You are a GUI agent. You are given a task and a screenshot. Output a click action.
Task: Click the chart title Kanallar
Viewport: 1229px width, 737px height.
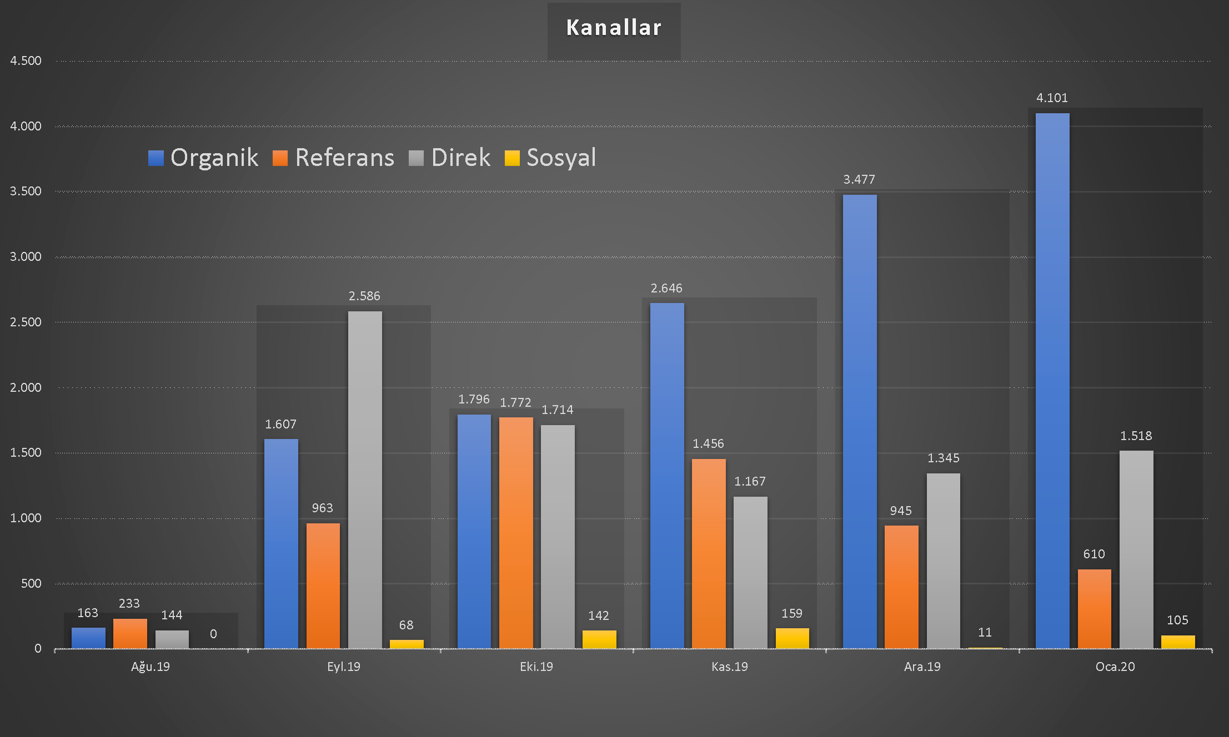tap(614, 28)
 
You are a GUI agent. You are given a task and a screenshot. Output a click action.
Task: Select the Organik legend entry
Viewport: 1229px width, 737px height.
tap(203, 158)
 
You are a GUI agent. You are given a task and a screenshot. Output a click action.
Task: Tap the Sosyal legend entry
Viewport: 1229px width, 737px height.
tap(550, 158)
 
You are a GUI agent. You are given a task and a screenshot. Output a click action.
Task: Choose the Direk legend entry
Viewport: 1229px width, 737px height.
tap(450, 158)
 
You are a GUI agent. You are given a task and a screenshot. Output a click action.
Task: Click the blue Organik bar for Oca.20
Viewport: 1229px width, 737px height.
tap(1052, 381)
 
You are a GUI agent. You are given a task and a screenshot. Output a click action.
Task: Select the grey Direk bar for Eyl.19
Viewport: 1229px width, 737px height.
tap(365, 479)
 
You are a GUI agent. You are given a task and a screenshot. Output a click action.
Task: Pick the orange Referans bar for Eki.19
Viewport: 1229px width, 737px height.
tap(516, 533)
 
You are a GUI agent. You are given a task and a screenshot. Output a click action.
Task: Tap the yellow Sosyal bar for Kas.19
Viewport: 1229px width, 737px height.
tap(792, 638)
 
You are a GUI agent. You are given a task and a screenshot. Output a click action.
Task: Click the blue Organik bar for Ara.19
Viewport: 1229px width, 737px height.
tap(860, 421)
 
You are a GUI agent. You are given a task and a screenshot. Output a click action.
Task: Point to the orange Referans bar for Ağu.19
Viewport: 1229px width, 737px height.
tap(130, 633)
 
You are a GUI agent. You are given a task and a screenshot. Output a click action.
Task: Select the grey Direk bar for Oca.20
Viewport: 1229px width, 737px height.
tap(1136, 549)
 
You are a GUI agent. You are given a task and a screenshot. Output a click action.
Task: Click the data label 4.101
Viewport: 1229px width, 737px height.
tap(1052, 98)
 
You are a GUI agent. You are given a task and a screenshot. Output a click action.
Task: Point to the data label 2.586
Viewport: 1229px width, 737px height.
tap(364, 296)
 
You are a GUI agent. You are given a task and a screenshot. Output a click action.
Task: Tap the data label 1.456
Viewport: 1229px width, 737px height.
tap(708, 444)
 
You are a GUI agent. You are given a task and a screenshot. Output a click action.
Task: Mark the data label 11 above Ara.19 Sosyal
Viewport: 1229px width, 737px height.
tap(985, 633)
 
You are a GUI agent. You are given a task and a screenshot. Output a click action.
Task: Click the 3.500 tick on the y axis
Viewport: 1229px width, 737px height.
tap(26, 191)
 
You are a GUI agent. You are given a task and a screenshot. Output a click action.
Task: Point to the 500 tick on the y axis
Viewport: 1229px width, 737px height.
tap(31, 583)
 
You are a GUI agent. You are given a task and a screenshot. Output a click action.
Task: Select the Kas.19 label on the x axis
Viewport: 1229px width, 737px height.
tap(729, 667)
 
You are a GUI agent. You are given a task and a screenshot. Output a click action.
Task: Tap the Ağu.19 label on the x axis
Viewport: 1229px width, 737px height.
tap(151, 667)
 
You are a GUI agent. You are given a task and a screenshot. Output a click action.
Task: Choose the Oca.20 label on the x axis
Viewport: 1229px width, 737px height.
tap(1115, 667)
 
